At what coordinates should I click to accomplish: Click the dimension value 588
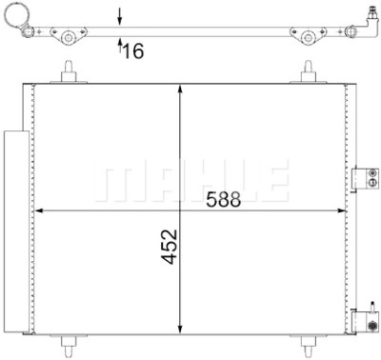point(224,200)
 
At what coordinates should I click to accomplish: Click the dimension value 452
point(170,247)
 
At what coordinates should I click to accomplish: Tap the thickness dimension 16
point(133,50)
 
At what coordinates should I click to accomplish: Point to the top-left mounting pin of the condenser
point(69,72)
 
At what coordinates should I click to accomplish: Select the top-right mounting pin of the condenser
point(308,72)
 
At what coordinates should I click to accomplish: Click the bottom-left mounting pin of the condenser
point(69,346)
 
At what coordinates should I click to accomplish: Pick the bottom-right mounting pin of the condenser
point(308,346)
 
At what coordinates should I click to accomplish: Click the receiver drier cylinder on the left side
point(16,231)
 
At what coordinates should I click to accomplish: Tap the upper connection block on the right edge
point(366,178)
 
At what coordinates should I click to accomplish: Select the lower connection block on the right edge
point(366,321)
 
